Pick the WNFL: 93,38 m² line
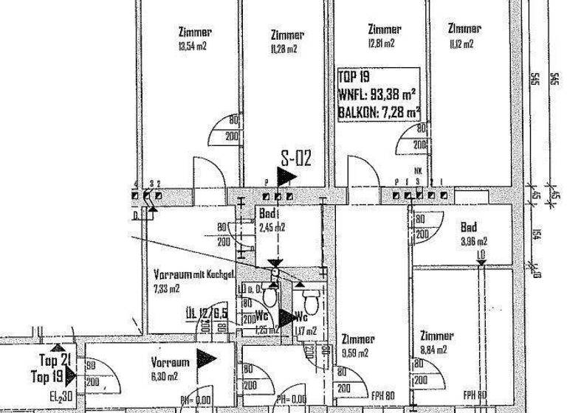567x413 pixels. [377, 95]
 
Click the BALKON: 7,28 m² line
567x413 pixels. [379, 113]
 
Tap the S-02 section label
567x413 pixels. [297, 158]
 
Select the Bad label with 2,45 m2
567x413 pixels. [267, 214]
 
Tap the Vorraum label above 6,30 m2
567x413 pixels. [170, 362]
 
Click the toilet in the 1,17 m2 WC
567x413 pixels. [309, 299]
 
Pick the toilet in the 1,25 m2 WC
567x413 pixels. [270, 296]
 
